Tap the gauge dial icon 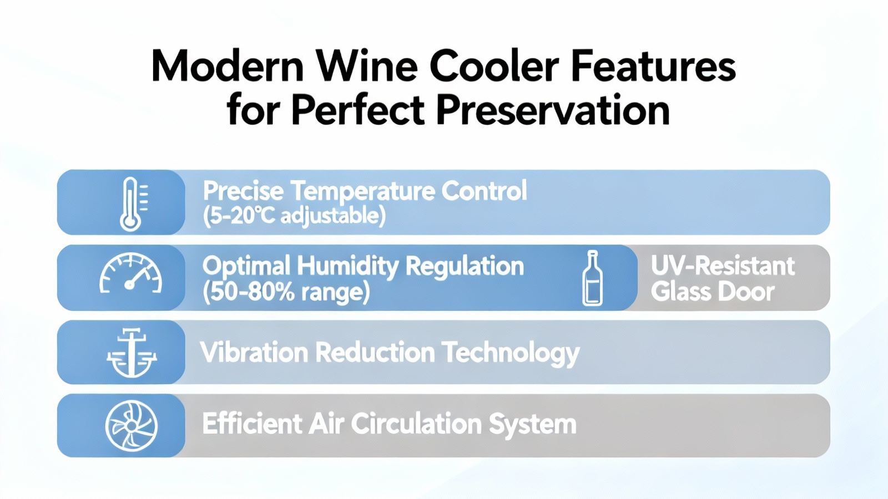[x=130, y=274]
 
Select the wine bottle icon [x=592, y=278]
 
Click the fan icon [x=131, y=426]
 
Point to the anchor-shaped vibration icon [x=132, y=352]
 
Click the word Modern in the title [x=228, y=66]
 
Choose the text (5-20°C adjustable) [x=294, y=216]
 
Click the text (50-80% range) [x=286, y=292]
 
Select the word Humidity [x=347, y=267]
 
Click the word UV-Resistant [x=723, y=266]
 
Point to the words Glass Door [x=713, y=292]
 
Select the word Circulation [x=416, y=424]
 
